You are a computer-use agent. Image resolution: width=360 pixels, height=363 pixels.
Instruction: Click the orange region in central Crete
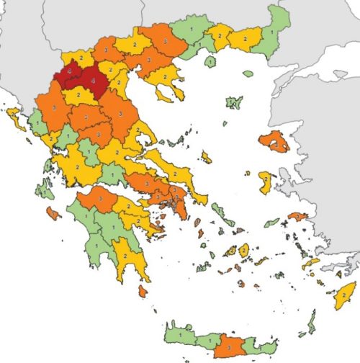(230, 346)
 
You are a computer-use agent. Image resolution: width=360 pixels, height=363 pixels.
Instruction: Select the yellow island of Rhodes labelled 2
(345, 295)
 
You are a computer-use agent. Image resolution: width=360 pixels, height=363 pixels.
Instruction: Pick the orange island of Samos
(297, 215)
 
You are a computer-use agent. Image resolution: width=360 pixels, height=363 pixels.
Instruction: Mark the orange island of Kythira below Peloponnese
(143, 291)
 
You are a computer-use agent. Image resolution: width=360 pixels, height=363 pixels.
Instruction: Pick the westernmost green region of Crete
(180, 334)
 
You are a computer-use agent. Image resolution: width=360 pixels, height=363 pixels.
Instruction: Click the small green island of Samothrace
(248, 73)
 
